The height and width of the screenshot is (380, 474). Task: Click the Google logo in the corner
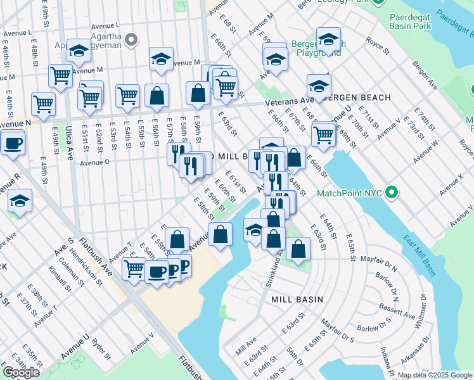[21, 372]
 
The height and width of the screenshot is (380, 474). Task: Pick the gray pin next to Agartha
[132, 41]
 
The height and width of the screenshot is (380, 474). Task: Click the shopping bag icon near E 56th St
[157, 97]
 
